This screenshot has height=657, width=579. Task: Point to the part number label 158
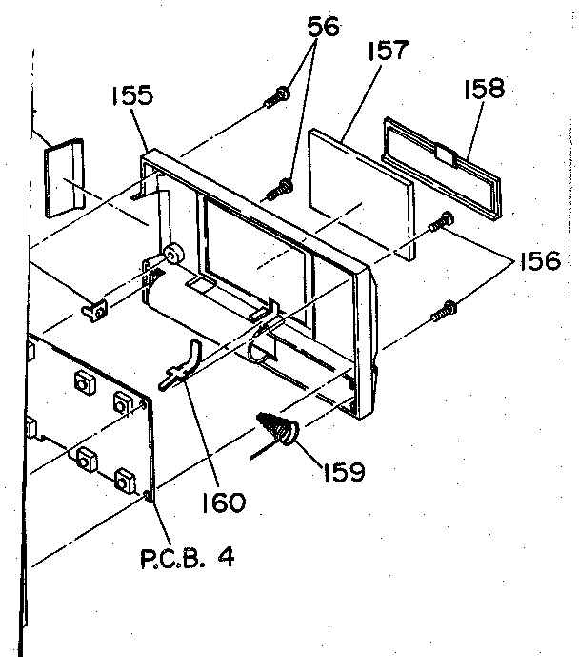pyautogui.click(x=483, y=91)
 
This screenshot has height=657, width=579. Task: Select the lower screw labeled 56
pyautogui.click(x=282, y=188)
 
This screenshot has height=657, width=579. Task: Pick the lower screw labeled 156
pyautogui.click(x=445, y=308)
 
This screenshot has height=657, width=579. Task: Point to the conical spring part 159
pyautogui.click(x=280, y=428)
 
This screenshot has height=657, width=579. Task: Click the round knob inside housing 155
pyautogui.click(x=173, y=255)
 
